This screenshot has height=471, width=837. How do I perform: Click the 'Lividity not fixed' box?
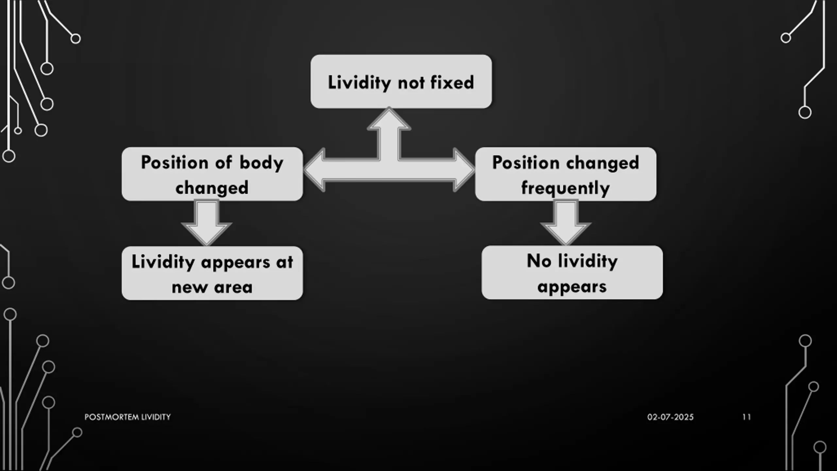401,81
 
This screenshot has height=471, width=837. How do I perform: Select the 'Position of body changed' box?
212,174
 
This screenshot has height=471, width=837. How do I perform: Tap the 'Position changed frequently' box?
565,174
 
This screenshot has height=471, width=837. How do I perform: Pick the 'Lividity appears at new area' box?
212,273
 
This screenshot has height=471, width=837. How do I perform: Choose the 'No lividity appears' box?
572,272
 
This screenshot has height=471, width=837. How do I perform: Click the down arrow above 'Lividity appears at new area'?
207,222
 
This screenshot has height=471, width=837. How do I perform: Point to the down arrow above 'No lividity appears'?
566,222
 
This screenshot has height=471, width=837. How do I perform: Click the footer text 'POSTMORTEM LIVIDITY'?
128,417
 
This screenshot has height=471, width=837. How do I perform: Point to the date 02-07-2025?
670,417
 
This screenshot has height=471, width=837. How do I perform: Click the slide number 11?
746,417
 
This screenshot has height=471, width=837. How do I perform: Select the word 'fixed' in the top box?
452,82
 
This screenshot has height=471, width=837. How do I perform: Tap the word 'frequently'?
565,188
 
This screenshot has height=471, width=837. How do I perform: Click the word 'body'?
261,163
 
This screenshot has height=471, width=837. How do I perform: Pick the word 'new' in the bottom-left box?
190,288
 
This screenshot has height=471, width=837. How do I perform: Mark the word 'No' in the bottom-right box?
539,261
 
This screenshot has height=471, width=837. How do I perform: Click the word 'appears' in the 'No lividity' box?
572,287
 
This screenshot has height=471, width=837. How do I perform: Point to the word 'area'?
233,288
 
